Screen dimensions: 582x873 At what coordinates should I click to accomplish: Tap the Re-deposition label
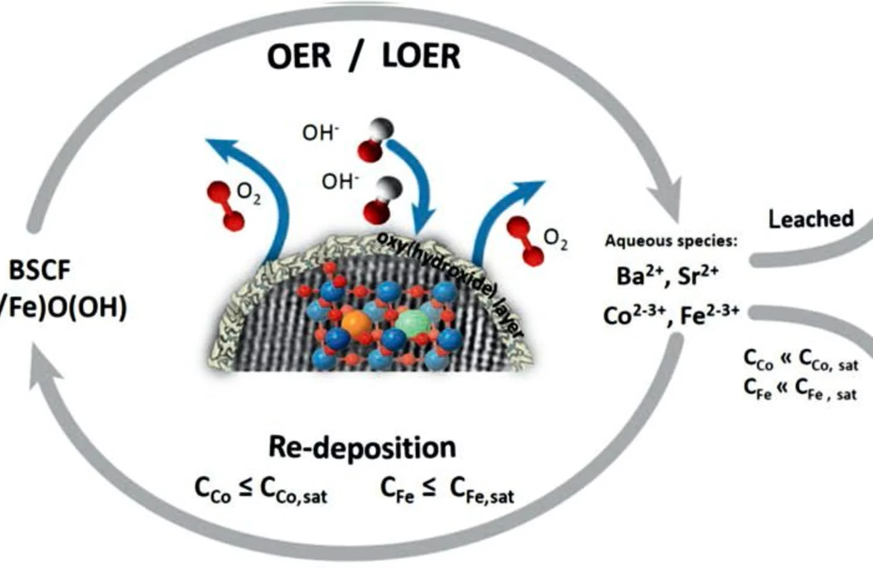click(362, 447)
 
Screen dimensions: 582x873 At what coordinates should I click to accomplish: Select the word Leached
click(811, 219)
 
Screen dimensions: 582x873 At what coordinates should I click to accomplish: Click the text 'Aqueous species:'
click(671, 241)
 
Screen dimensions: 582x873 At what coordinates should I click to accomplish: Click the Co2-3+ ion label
click(634, 315)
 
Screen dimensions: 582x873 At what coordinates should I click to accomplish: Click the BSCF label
click(40, 271)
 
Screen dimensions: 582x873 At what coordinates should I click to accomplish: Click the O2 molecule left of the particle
click(226, 206)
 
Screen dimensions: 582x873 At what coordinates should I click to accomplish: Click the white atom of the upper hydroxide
click(383, 129)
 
